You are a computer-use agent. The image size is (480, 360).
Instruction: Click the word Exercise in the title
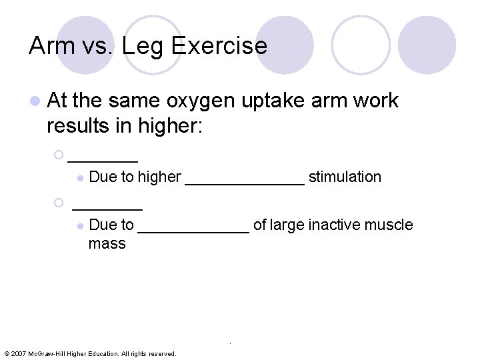coord(220,46)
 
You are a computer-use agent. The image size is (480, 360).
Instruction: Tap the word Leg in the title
coord(147,46)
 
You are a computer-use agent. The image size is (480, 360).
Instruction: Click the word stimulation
coord(345,177)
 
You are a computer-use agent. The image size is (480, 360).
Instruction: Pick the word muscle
coord(389,225)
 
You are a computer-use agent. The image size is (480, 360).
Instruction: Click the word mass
coord(107,243)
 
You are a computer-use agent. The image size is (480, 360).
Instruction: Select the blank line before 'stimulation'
coord(244,179)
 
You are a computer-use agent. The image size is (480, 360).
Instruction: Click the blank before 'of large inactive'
coord(193,227)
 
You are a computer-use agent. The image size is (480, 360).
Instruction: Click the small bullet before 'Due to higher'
coord(79,177)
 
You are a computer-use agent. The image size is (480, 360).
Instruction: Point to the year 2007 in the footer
coord(18,353)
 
